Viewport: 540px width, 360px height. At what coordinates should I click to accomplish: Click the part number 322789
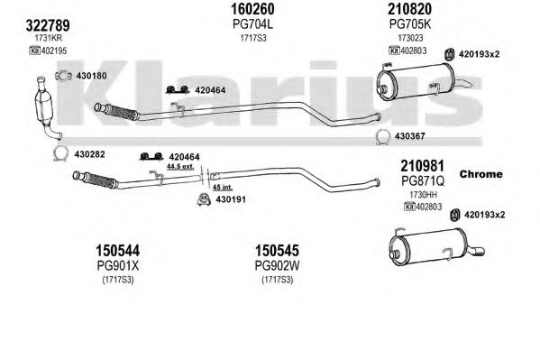coord(48,25)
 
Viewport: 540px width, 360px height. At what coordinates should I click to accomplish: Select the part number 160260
coord(252,9)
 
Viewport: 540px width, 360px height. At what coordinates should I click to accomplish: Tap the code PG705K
coord(410,24)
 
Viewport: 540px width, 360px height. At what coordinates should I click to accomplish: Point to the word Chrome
coord(481,174)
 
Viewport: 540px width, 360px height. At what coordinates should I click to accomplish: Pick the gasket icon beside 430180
coord(63,76)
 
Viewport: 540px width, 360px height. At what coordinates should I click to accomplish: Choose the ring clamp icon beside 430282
coord(61,153)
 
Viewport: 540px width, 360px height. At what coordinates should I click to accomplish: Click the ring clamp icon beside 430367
coord(382,137)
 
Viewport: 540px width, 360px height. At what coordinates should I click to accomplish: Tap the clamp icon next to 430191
coord(205,199)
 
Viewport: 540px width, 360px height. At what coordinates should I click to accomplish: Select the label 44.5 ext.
coord(180,167)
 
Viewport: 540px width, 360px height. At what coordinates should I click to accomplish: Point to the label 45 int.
coord(222,188)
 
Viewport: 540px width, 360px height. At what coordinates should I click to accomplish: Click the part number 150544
coord(118,251)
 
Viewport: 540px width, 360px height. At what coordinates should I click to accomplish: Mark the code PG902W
coord(277,265)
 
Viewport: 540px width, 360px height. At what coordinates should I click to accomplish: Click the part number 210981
coord(422,166)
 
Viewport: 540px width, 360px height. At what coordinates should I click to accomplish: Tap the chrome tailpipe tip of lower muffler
coord(476,252)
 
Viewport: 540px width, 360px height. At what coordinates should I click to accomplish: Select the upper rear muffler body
coord(416,80)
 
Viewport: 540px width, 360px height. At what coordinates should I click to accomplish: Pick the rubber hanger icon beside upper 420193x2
coord(449,54)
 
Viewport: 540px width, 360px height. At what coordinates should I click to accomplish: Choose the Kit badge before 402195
coord(34,51)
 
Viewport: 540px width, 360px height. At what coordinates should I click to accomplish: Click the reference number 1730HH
coord(423,195)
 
